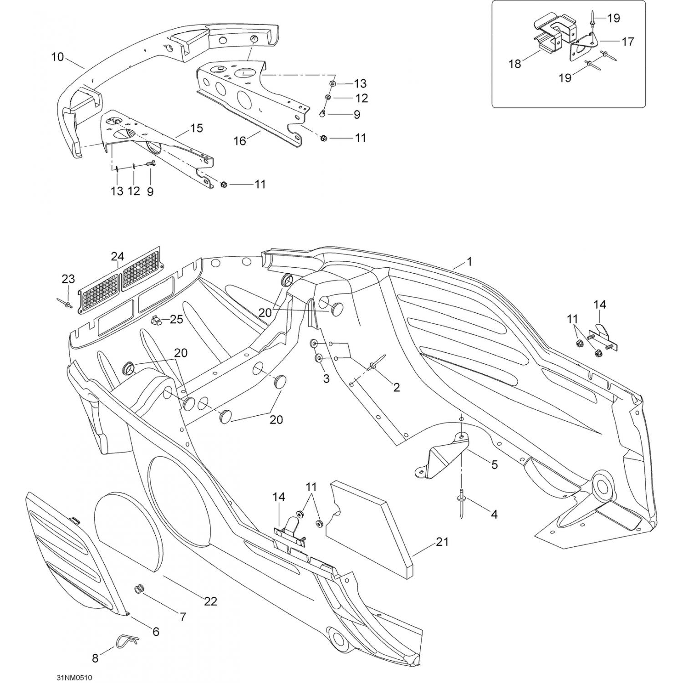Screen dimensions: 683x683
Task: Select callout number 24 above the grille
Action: (x=117, y=256)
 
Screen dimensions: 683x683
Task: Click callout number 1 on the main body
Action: (x=469, y=261)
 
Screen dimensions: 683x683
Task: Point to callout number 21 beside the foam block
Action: (x=442, y=542)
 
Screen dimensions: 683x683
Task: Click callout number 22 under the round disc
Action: (x=210, y=601)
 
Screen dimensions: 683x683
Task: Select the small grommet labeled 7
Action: (x=138, y=589)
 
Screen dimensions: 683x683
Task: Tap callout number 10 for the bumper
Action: (x=57, y=57)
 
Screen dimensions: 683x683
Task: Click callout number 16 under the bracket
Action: (x=240, y=141)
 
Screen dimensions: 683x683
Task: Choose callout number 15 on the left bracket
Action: (x=196, y=128)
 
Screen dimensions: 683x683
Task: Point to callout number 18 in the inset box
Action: (x=515, y=64)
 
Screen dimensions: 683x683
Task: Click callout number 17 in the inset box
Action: (x=627, y=41)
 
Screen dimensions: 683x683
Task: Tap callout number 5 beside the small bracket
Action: (x=494, y=464)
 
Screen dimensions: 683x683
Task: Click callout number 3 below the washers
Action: (x=326, y=378)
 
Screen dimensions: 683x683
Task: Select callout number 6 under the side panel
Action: (x=156, y=632)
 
